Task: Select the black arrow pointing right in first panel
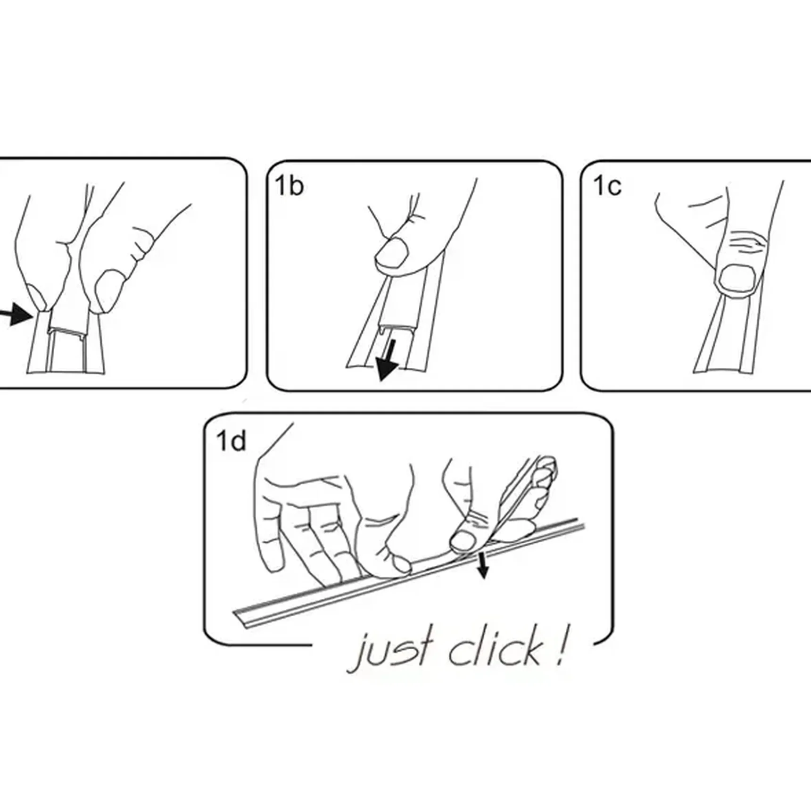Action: pyautogui.click(x=17, y=314)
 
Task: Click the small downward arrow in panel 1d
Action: pyautogui.click(x=481, y=566)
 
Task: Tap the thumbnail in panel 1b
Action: pyautogui.click(x=392, y=253)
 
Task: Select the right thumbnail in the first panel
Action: pyautogui.click(x=108, y=290)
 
